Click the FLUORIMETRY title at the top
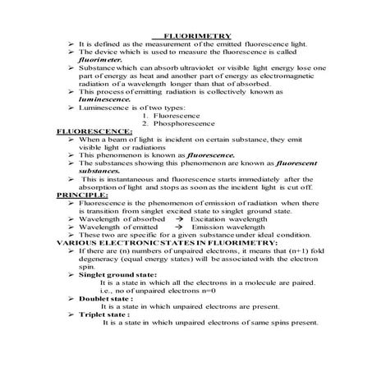(x=197, y=36)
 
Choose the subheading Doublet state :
(x=111, y=298)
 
